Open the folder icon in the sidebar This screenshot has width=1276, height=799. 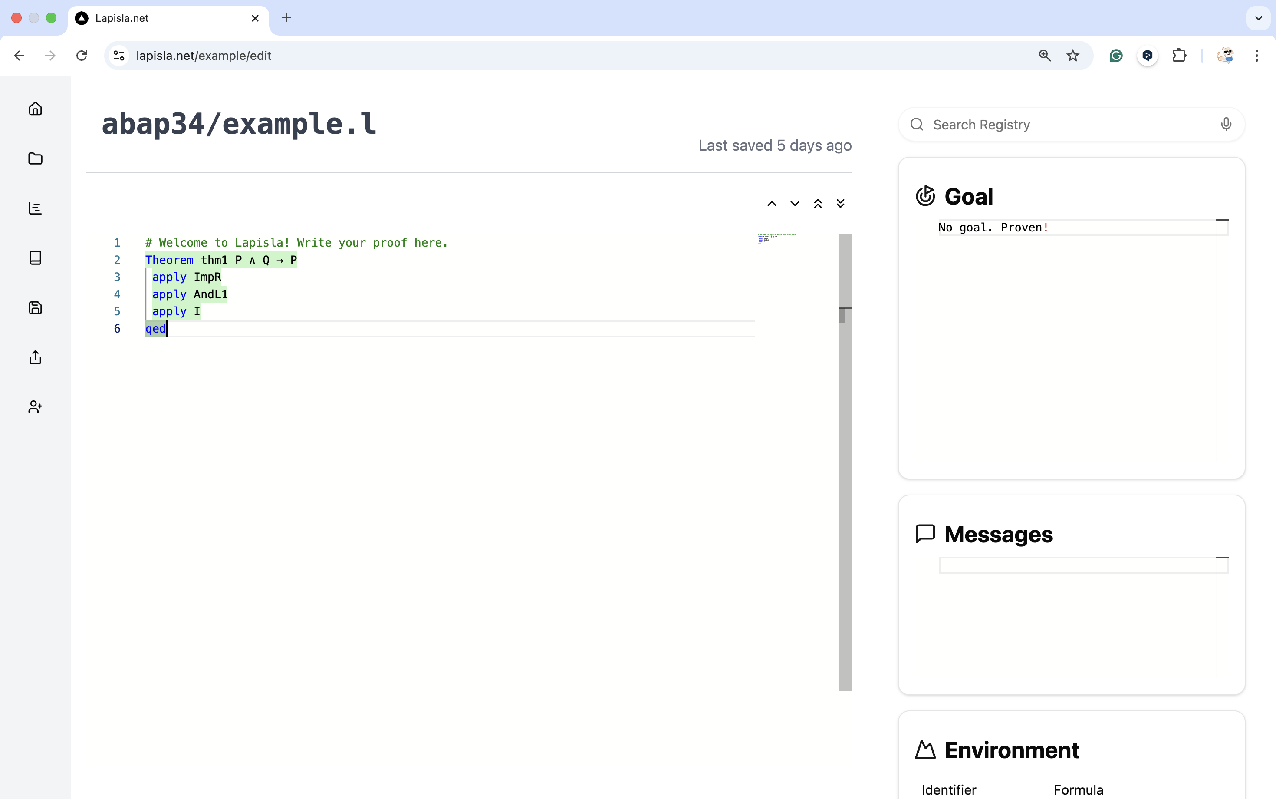point(36,158)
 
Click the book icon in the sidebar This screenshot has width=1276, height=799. point(36,258)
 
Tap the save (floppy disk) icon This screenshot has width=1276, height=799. point(36,307)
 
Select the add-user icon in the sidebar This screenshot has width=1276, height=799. point(36,406)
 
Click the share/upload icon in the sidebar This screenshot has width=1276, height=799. point(36,357)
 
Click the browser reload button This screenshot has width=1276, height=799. point(81,56)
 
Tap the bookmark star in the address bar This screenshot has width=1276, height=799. point(1072,56)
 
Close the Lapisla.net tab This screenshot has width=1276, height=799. point(255,18)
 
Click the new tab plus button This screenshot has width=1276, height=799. point(286,17)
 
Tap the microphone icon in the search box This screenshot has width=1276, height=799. point(1226,124)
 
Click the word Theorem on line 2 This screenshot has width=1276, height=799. point(170,260)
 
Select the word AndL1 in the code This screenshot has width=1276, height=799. point(211,294)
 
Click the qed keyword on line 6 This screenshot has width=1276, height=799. point(156,329)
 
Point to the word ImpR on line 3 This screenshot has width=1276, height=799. point(207,277)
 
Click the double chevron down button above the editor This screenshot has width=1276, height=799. point(840,204)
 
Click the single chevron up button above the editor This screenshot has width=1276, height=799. point(772,204)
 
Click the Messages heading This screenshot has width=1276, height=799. point(998,534)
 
